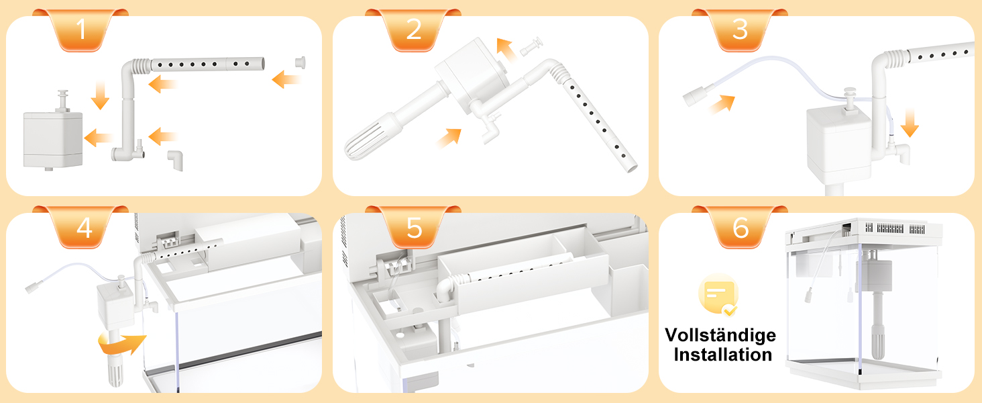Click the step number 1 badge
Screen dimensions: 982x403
tap(80, 30)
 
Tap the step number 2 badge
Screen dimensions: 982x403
tap(413, 30)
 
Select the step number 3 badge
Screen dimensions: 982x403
tap(740, 30)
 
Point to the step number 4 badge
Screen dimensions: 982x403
tap(80, 227)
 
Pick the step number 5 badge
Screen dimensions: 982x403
tap(413, 227)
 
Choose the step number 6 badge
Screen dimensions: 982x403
tap(740, 227)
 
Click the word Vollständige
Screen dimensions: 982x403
tap(720, 336)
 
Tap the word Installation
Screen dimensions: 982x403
tap(723, 355)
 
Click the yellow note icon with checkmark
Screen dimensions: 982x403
tap(718, 295)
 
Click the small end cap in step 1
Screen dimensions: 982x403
tap(301, 62)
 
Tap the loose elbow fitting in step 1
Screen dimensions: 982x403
tap(176, 160)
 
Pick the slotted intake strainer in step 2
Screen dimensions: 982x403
tap(374, 136)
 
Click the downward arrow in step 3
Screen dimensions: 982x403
tap(910, 122)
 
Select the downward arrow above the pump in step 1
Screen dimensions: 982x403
tap(100, 95)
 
